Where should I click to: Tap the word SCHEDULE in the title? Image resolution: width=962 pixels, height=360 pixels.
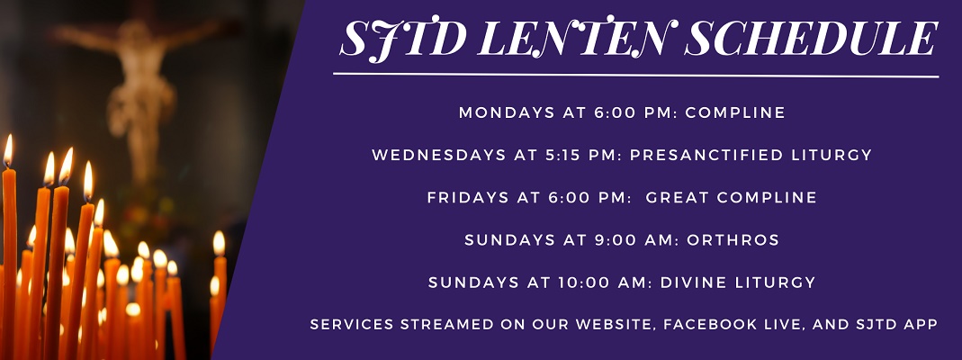point(811,38)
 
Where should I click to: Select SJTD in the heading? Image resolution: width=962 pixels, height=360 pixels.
point(403,40)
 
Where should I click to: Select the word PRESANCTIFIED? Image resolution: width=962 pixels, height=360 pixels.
point(703,155)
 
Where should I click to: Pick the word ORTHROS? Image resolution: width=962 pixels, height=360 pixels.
point(733,239)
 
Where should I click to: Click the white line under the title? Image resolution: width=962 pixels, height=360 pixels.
point(635,75)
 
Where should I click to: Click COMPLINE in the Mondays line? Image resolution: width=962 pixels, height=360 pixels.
point(735,112)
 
